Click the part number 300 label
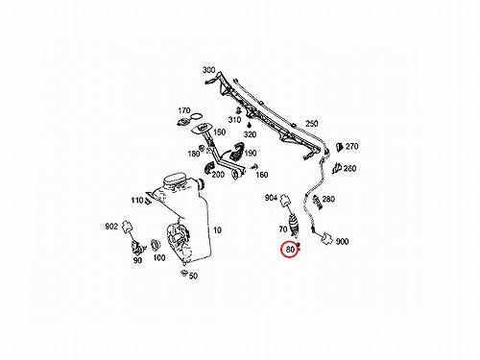[x=209, y=70]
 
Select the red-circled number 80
[x=290, y=250]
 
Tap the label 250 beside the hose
[x=311, y=124]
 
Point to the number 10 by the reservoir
[x=217, y=230]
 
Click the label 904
[x=271, y=198]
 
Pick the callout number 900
[x=342, y=242]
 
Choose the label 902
[x=111, y=227]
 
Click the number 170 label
[x=184, y=110]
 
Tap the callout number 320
[x=250, y=134]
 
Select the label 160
[x=262, y=175]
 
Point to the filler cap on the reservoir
[x=175, y=180]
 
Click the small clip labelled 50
[x=183, y=273]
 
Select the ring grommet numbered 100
[x=156, y=245]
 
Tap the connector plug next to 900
[x=326, y=238]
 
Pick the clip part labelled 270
[x=339, y=147]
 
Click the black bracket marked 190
[x=237, y=152]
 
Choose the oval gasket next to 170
[x=197, y=116]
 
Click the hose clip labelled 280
[x=317, y=201]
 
